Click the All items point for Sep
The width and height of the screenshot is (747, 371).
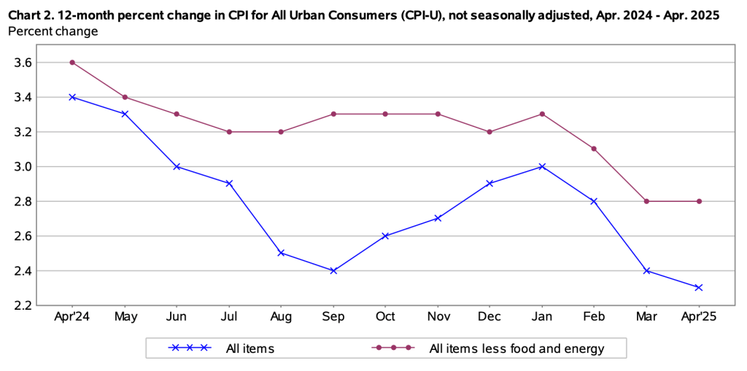[333, 270]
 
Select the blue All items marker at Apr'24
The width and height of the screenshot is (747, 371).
[73, 97]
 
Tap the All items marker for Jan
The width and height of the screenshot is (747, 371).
[542, 166]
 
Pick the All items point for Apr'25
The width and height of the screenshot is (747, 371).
[699, 287]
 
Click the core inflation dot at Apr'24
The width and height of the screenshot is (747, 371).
[73, 62]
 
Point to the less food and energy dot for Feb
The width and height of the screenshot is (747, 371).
[595, 149]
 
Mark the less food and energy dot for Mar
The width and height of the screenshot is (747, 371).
[646, 201]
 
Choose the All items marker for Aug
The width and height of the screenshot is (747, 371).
[282, 253]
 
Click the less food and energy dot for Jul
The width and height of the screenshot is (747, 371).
[229, 132]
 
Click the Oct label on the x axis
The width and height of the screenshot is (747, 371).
[385, 317]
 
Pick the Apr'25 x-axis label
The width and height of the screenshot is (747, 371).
[699, 317]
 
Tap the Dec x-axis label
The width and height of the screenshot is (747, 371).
[489, 317]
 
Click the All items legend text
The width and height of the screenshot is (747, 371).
[249, 348]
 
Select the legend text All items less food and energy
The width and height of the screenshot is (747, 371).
[516, 348]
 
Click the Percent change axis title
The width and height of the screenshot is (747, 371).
[53, 31]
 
